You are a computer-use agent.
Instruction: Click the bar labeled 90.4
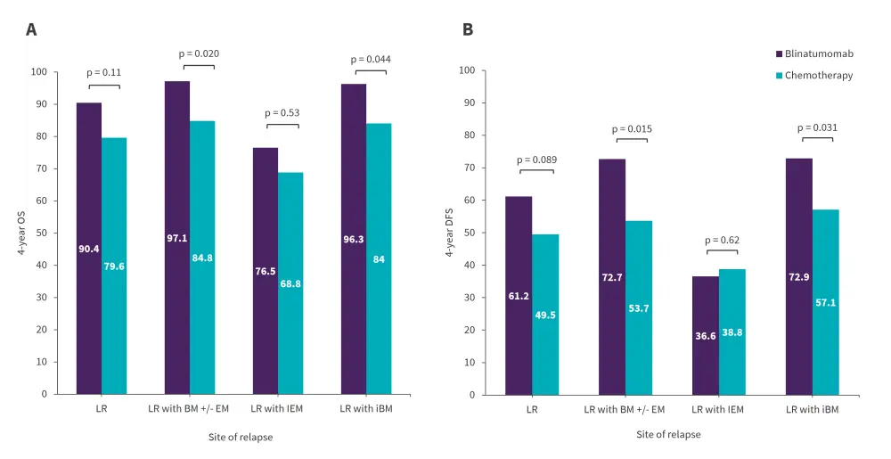pyautogui.click(x=89, y=249)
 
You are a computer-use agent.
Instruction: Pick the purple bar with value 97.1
pyautogui.click(x=177, y=238)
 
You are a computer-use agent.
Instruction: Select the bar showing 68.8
pyautogui.click(x=290, y=283)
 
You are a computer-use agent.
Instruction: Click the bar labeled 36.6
pyautogui.click(x=706, y=335)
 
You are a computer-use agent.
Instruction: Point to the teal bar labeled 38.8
pyautogui.click(x=732, y=332)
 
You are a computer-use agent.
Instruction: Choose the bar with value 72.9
pyautogui.click(x=799, y=276)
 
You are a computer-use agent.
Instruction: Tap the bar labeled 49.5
pyautogui.click(x=545, y=315)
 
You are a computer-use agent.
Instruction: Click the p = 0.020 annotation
pyautogui.click(x=200, y=54)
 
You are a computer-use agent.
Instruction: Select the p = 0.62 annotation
pyautogui.click(x=723, y=240)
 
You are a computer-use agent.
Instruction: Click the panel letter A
pyautogui.click(x=31, y=29)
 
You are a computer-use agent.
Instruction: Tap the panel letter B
pyautogui.click(x=467, y=29)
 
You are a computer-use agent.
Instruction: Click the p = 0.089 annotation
pyautogui.click(x=536, y=160)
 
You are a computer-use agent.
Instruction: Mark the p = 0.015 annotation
pyautogui.click(x=630, y=129)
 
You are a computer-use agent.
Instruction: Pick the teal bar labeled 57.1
pyautogui.click(x=825, y=302)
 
